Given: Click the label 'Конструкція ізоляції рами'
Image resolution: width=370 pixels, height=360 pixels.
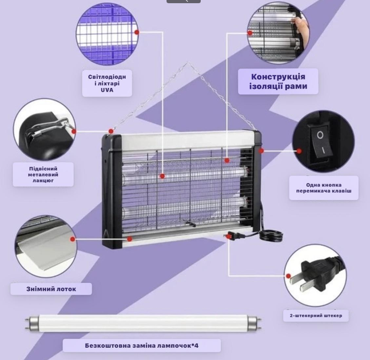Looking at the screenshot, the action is [278, 82].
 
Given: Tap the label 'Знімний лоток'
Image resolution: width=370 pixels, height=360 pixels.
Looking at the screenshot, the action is [51, 289].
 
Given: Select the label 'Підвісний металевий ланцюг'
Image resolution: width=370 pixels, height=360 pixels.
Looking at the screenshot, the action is [43, 174].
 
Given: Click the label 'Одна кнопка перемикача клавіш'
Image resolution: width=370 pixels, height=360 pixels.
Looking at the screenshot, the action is [324, 188].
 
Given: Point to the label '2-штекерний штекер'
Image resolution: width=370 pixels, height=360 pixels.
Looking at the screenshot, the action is [316, 315].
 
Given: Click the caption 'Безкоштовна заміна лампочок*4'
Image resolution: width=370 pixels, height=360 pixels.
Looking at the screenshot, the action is [142, 346].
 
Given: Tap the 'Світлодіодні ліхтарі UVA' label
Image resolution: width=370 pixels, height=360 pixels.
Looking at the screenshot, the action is [107, 83].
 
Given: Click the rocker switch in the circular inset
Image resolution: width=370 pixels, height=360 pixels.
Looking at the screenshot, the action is [321, 141].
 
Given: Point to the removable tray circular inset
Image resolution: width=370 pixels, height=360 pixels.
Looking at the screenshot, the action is [46, 246].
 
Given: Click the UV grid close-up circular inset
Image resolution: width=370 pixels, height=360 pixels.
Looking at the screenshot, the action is [107, 34].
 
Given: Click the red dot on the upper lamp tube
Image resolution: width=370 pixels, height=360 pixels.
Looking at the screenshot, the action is [162, 176].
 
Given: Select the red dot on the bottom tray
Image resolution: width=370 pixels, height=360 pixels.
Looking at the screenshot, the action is [129, 239].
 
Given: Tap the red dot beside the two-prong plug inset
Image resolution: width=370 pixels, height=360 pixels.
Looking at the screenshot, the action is [288, 276].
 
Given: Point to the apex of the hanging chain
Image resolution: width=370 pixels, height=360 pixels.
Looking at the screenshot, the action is [188, 62].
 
